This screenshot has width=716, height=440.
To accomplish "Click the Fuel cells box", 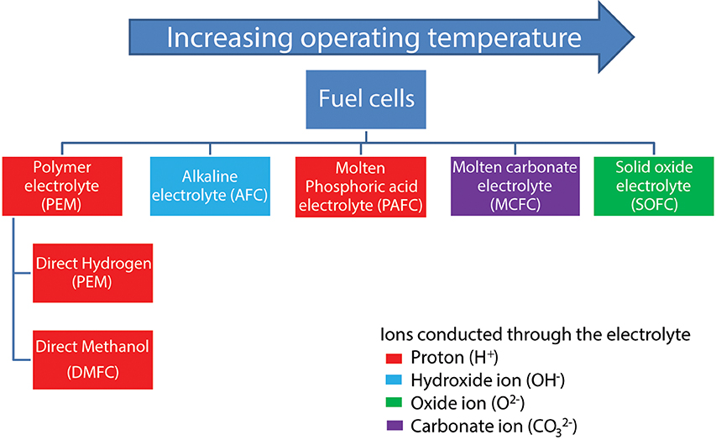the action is (x=366, y=99).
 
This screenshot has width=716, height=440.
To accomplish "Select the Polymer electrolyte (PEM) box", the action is (x=62, y=186).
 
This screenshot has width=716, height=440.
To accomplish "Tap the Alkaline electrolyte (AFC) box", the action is (x=210, y=186).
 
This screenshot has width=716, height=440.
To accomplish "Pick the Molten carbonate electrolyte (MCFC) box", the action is (x=515, y=186).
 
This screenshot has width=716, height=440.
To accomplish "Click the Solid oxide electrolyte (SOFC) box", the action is (x=654, y=186).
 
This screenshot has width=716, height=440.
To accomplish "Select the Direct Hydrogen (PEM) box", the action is (x=92, y=273).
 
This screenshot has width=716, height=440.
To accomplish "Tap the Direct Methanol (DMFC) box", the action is (x=92, y=359).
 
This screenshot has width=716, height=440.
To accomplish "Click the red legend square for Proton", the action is (x=394, y=359).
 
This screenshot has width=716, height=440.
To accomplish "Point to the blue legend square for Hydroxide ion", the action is (x=394, y=380).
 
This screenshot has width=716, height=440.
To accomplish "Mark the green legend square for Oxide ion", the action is (x=394, y=402).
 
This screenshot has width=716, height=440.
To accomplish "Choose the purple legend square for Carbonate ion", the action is (x=395, y=426).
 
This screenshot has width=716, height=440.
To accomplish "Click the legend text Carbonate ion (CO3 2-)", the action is (x=494, y=427).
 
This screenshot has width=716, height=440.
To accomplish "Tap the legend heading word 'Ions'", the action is (x=397, y=334).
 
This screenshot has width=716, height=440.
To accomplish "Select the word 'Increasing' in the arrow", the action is (x=229, y=38).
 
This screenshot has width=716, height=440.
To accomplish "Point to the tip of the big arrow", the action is (x=635, y=37).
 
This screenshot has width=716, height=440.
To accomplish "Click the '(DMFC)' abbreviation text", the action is (x=92, y=372).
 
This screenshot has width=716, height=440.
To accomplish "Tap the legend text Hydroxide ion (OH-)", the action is (x=488, y=380).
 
